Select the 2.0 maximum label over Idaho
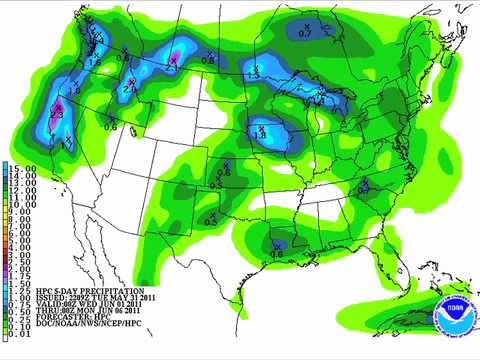tap(129, 90)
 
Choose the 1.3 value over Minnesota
tap(253, 75)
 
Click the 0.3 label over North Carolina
tap(364, 187)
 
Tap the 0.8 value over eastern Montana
tap(209, 61)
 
